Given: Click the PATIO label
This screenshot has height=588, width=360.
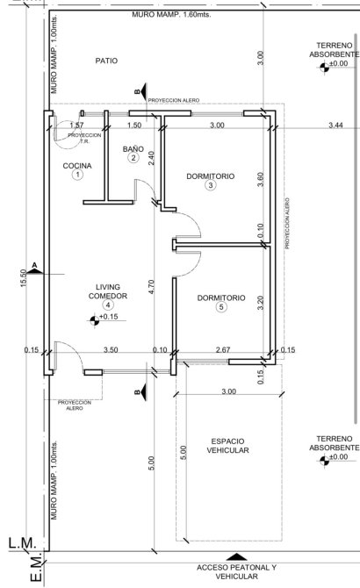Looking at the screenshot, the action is (106, 61).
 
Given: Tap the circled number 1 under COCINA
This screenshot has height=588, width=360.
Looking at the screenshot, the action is (77, 175).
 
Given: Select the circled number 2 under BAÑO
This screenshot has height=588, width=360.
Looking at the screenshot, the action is (133, 157).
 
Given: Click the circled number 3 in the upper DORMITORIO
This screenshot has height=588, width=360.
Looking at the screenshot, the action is (211, 185).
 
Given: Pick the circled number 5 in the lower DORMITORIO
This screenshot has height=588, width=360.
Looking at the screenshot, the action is (221, 307).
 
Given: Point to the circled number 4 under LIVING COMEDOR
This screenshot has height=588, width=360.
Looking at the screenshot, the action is (108, 305).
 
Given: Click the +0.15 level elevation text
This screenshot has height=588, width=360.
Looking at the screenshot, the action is (109, 317).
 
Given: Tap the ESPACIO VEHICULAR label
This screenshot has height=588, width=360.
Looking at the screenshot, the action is (227, 446).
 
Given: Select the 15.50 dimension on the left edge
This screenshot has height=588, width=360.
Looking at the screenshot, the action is (23, 278).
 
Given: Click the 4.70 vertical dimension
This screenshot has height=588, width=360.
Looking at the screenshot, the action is (151, 287).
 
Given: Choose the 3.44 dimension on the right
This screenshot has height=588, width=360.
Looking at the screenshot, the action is (335, 125).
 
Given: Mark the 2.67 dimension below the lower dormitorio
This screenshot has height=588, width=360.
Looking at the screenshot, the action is (223, 349).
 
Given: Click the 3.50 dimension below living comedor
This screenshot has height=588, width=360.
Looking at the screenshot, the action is (111, 349).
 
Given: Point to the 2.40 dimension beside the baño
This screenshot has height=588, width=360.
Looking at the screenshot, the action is (151, 158).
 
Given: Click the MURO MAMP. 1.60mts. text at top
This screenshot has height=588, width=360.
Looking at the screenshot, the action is (171, 15).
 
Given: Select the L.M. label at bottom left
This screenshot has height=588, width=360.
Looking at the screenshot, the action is (23, 543).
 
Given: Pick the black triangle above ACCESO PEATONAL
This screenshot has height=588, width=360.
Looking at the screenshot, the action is (236, 556).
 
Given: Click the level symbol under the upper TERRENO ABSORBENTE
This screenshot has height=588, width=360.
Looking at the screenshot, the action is (324, 68).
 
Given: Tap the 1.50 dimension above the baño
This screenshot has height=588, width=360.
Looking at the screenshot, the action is (134, 125).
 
